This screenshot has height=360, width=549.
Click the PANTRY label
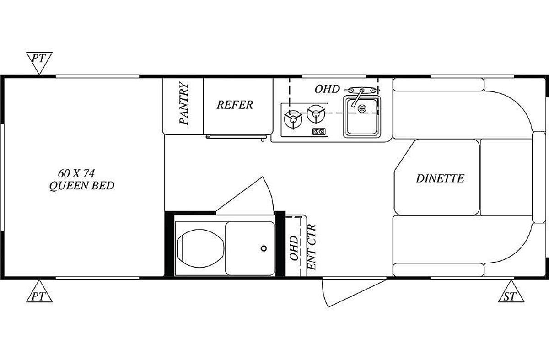click(x=184, y=103)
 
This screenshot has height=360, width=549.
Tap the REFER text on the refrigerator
click(x=235, y=105)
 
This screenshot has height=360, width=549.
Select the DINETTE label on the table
click(x=440, y=178)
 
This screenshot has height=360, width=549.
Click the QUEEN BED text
click(x=82, y=186)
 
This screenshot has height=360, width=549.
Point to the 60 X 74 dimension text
click(x=76, y=173)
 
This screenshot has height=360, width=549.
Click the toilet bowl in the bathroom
click(x=200, y=248)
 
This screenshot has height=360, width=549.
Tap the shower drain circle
click(x=264, y=248)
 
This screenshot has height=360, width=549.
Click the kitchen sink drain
click(x=362, y=108)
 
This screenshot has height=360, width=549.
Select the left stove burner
click(x=293, y=119)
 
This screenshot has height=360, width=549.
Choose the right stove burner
click(x=316, y=114)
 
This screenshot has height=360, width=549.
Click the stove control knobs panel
click(x=320, y=132)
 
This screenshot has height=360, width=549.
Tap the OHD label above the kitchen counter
click(x=327, y=89)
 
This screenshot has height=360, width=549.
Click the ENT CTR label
click(x=312, y=247)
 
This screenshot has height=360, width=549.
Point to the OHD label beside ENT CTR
click(x=294, y=248)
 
